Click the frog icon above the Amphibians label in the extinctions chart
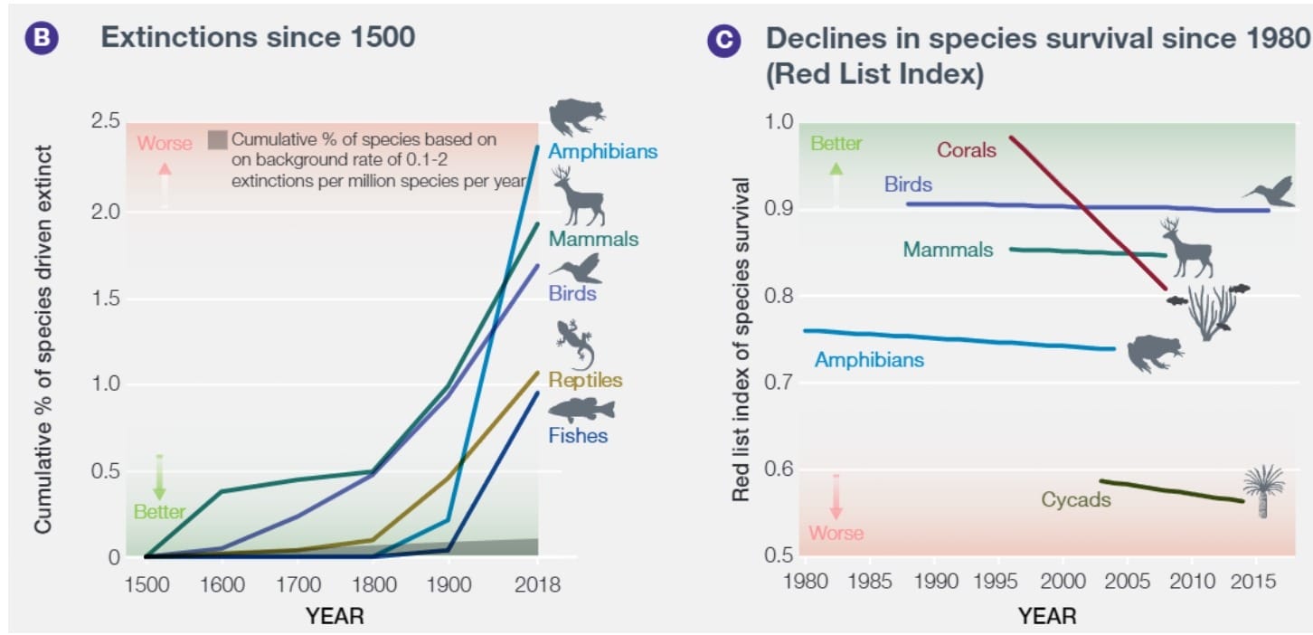576,116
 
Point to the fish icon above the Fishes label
581,410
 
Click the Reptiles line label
585,380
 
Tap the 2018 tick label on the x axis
537,584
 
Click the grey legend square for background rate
217,140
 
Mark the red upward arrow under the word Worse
165,185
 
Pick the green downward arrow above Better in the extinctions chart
159,478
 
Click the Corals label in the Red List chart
967,150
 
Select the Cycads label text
1075,499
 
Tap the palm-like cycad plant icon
1263,490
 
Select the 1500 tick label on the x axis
146,584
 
